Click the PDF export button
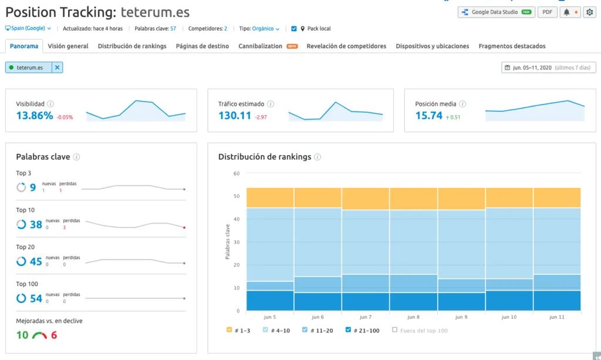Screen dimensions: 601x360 click(x=548, y=12)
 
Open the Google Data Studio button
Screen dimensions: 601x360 click(x=497, y=12)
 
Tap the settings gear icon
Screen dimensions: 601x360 click(x=589, y=12)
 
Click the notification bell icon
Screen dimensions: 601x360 click(x=566, y=12)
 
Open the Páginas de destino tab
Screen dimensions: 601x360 click(x=202, y=46)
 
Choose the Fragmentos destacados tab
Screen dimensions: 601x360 click(x=512, y=46)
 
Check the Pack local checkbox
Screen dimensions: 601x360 click(x=294, y=28)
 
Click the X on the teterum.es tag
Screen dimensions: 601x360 click(x=57, y=68)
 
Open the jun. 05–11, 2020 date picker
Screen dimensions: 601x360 click(x=549, y=68)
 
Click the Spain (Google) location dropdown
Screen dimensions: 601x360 click(x=28, y=28)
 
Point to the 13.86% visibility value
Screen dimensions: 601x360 click(x=35, y=115)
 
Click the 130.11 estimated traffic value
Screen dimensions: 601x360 click(x=235, y=115)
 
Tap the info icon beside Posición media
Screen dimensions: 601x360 click(x=462, y=104)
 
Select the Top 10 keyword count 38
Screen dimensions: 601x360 click(x=36, y=224)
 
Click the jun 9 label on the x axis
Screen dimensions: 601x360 click(x=461, y=317)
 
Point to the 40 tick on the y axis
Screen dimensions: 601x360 click(x=237, y=219)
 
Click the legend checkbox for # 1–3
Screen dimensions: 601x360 click(x=229, y=329)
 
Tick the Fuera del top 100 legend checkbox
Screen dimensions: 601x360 click(x=394, y=329)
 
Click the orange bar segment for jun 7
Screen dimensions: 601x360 click(x=366, y=199)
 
